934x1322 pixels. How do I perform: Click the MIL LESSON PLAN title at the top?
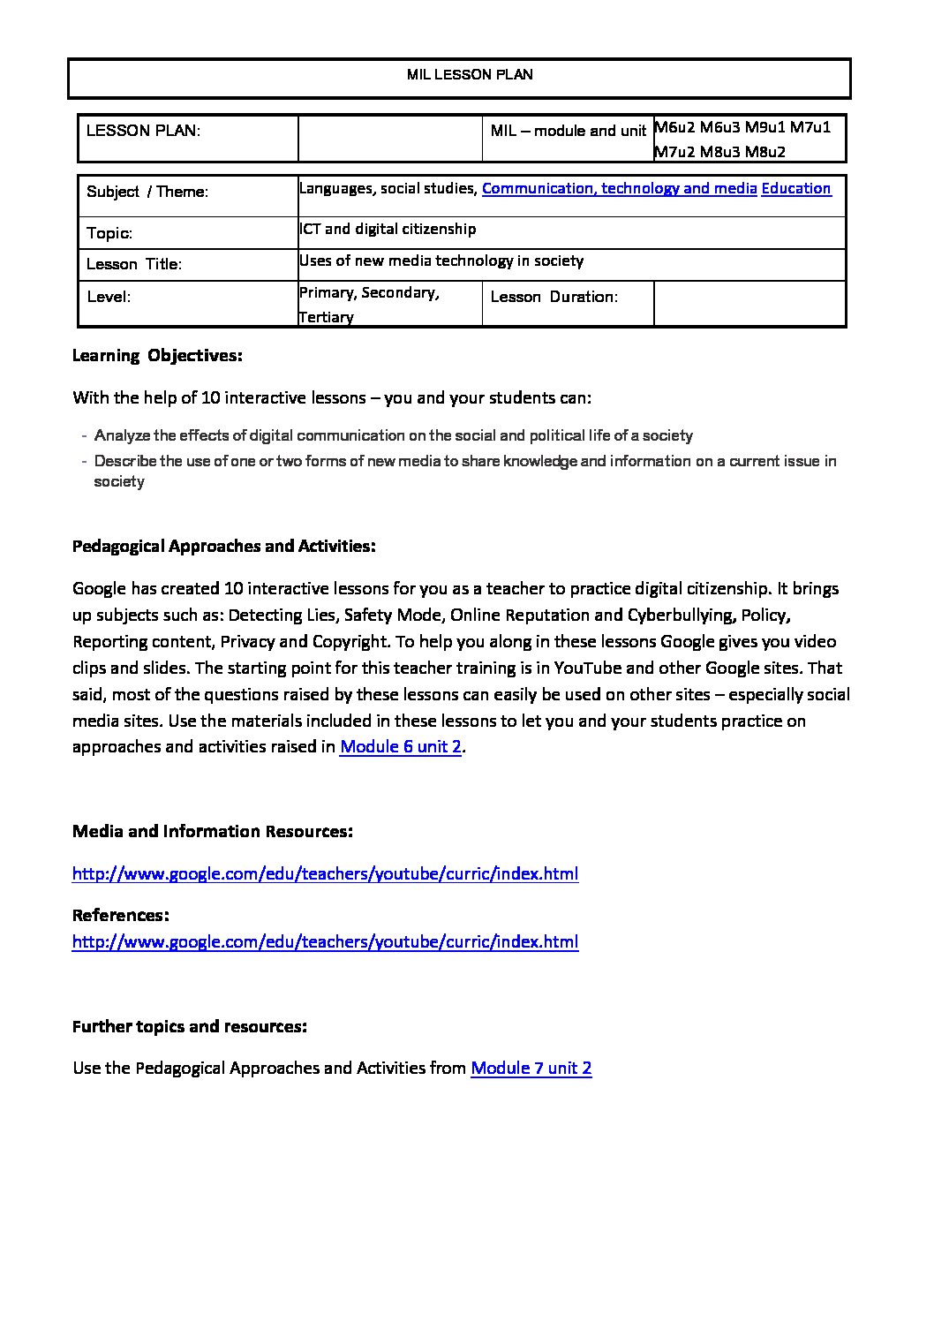click(470, 75)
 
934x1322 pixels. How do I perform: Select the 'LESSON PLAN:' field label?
click(143, 131)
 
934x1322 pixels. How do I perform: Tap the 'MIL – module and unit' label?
click(568, 131)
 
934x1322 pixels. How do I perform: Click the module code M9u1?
click(765, 127)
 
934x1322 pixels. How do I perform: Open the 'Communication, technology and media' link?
click(619, 188)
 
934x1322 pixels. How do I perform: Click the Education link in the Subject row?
click(795, 188)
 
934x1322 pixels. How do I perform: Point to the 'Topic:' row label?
click(109, 233)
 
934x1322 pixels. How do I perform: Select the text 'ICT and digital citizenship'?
click(388, 229)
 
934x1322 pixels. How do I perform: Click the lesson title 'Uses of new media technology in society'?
click(441, 261)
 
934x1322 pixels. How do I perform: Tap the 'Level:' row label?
click(109, 297)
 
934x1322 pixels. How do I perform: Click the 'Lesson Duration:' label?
click(554, 297)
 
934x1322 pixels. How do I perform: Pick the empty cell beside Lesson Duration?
click(749, 304)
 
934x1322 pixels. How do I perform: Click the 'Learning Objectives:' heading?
click(157, 356)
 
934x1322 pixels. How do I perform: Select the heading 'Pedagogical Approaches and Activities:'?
click(224, 546)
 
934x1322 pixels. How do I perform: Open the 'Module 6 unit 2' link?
click(401, 746)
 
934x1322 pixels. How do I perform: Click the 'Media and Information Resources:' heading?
click(213, 831)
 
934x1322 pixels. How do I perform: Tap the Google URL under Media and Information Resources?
click(325, 873)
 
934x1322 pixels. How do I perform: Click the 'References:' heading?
click(120, 915)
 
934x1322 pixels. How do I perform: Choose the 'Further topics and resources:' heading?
click(190, 1026)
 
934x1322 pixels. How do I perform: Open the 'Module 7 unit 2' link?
click(531, 1068)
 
